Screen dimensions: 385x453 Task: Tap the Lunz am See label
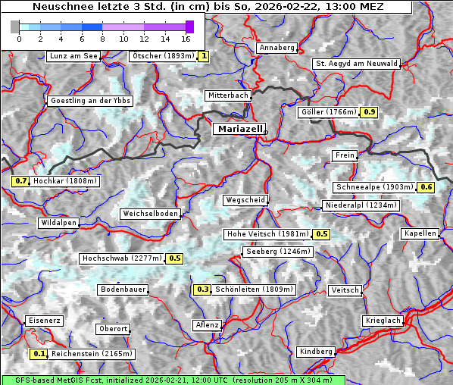coord(73,56)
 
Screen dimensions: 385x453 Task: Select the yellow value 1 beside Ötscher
coord(204,56)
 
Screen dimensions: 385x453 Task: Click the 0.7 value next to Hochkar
coord(20,182)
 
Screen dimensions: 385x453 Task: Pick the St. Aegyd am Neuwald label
coord(356,64)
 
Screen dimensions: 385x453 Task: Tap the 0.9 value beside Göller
coord(369,112)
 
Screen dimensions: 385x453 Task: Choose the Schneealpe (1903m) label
coord(374,187)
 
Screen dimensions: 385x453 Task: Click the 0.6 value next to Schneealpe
coord(426,187)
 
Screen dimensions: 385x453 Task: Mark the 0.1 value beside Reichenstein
coord(39,354)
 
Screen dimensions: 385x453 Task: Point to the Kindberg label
coord(316,352)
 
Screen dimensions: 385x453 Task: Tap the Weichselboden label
coord(151,214)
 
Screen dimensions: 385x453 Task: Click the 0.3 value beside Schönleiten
coord(202,290)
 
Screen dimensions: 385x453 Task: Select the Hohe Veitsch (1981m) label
coord(267,234)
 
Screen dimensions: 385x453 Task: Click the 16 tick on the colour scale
coord(186,38)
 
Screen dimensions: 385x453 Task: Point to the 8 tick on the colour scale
coord(102,38)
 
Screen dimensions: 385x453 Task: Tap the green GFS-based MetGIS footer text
coord(173,380)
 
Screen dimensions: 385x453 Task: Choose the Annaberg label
coord(276,48)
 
